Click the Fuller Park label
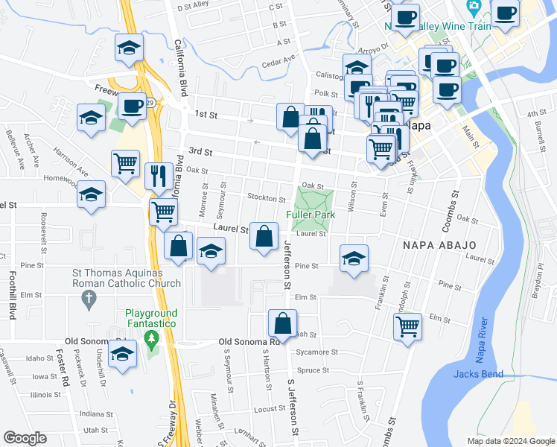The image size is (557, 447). tap(311, 215)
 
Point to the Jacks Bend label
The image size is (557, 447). tap(477, 374)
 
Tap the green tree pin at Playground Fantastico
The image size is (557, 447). tap(152, 340)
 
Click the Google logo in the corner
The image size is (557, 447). tap(25, 438)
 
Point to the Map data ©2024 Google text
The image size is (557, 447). tap(510, 440)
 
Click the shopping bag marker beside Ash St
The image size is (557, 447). tap(282, 325)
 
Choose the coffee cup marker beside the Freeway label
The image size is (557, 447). tap(132, 107)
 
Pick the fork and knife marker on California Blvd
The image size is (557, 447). tap(158, 175)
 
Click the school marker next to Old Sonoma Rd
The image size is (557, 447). tap(122, 354)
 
